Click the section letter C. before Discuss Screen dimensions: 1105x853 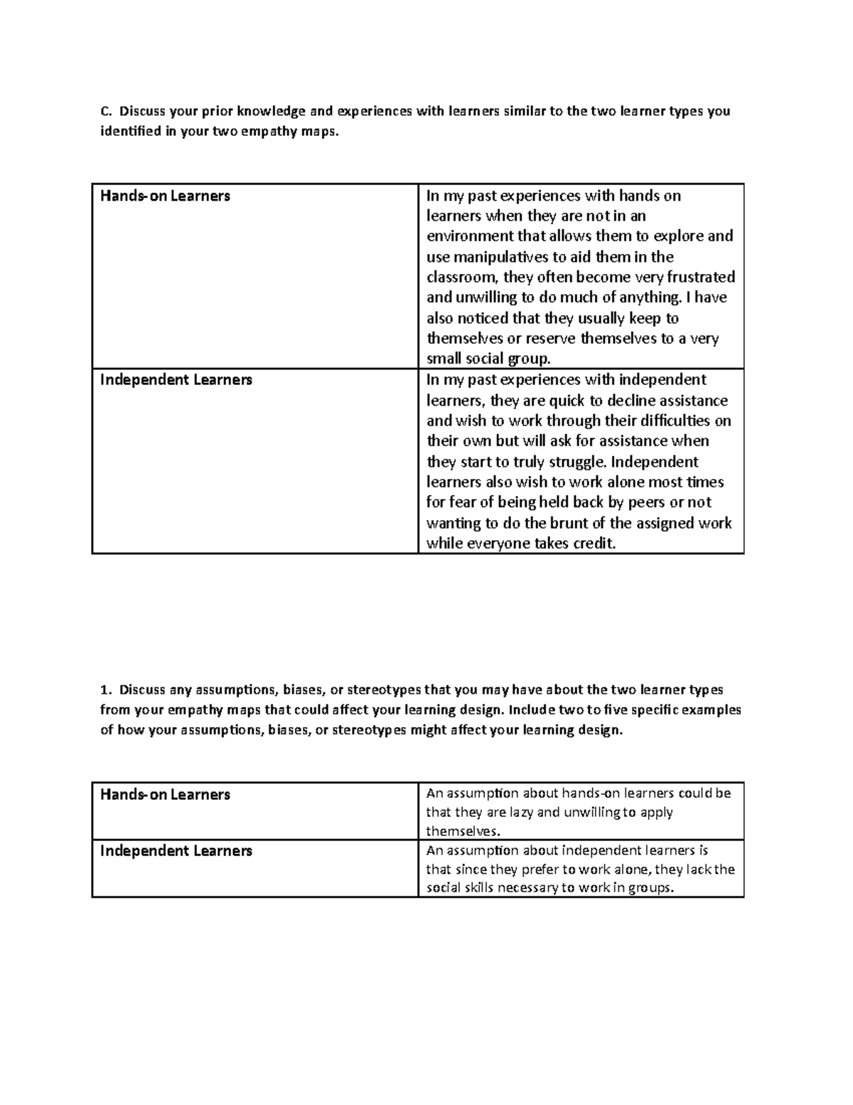(x=105, y=111)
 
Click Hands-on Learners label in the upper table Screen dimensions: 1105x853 (x=165, y=196)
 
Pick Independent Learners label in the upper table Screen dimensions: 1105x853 (x=176, y=380)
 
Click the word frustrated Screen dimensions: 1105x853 (x=699, y=277)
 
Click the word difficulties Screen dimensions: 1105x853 (x=670, y=421)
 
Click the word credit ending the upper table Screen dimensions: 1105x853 (x=592, y=544)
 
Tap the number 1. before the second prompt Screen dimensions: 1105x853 (x=105, y=689)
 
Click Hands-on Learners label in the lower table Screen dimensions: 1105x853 (x=165, y=795)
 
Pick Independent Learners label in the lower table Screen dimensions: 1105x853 (x=176, y=851)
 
